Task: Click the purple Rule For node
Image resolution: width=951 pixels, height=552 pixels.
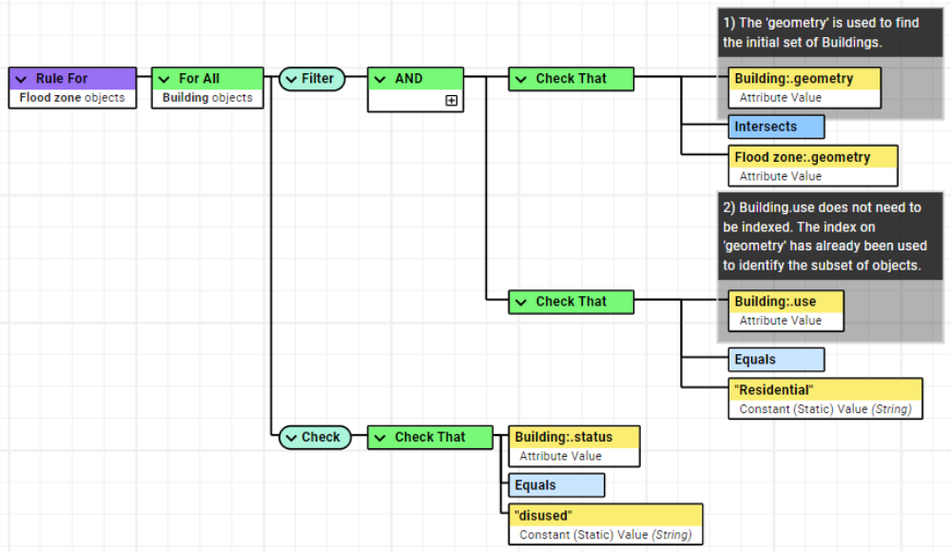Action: (72, 79)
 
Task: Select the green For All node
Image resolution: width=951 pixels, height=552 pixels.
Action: (207, 79)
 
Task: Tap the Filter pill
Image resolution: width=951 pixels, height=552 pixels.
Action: (312, 79)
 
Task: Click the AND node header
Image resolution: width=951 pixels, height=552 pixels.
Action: (415, 79)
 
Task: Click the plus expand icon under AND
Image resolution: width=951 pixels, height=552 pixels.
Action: (451, 100)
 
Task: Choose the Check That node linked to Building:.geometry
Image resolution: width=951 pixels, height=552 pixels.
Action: (571, 79)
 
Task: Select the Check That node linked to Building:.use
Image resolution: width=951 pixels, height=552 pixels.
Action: (571, 302)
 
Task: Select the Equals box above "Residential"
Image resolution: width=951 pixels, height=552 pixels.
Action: (776, 360)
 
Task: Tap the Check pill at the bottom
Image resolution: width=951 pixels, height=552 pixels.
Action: (312, 437)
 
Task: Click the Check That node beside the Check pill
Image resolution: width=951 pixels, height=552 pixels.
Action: (430, 437)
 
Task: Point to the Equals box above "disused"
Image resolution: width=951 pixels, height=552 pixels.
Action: (556, 485)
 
